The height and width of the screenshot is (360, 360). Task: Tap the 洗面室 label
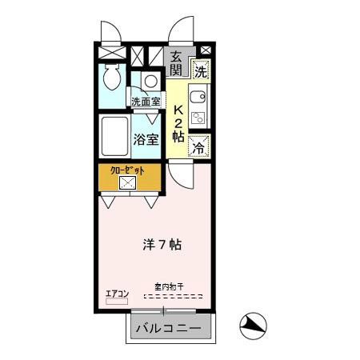pos(146,102)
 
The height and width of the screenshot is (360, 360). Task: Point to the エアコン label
pos(117,293)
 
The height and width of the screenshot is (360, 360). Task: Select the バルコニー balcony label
pos(169,328)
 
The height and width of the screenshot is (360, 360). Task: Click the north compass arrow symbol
pos(254,324)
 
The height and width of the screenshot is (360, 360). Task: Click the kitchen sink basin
pos(198,100)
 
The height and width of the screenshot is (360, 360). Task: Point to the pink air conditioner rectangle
pos(117,301)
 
